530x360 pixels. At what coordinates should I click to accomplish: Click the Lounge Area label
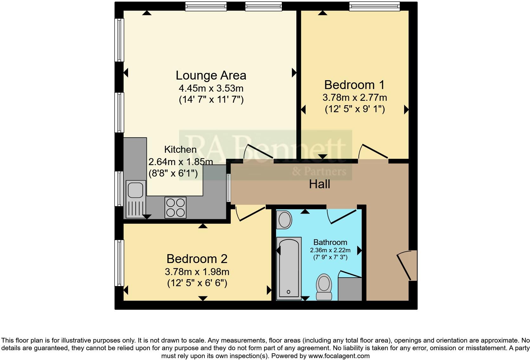coord(211,75)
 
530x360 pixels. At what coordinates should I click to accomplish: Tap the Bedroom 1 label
coord(354,85)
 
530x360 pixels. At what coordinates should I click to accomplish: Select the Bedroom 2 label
coord(197,259)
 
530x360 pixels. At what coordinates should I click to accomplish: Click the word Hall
coord(320,184)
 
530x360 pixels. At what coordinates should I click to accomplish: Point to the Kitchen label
coord(180,149)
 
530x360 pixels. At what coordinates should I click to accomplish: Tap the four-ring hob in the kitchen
coord(175,207)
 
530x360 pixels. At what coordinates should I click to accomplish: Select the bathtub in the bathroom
coord(288,269)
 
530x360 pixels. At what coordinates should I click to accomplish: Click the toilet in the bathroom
coord(324,287)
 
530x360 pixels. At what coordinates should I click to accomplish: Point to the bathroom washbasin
coord(284,220)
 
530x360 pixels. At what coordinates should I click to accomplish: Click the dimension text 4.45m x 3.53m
coord(211,88)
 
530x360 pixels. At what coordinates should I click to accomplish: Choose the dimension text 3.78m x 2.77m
coord(355,97)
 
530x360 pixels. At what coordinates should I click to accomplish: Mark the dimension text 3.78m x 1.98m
coord(197,272)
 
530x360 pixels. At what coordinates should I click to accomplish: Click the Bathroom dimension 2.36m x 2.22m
coord(330,250)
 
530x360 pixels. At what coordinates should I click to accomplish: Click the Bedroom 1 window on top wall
coord(374,6)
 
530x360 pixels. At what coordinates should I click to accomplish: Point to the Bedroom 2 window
coord(119,263)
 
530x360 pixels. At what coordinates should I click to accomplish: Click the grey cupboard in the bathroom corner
coord(350,289)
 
